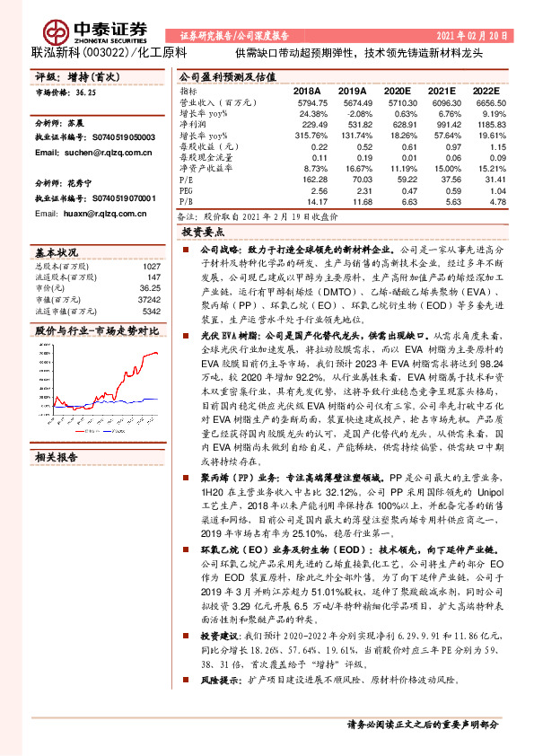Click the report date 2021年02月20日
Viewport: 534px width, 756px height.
pyautogui.click(x=475, y=36)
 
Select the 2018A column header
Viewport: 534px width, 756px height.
pyautogui.click(x=306, y=91)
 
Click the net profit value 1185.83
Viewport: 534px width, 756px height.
pyautogui.click(x=489, y=125)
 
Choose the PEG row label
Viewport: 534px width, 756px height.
pyautogui.click(x=187, y=190)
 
